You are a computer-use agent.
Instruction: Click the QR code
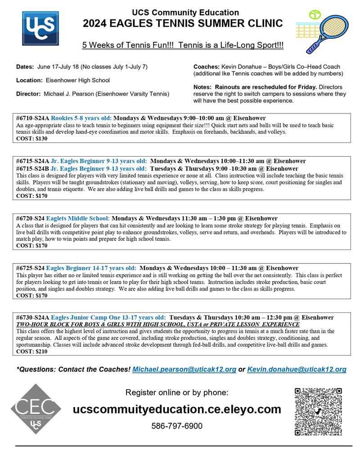(x=318, y=412)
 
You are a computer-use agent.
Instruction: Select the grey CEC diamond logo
(x=36, y=409)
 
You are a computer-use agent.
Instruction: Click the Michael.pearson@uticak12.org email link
(x=184, y=369)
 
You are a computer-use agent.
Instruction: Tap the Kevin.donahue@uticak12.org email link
(x=297, y=369)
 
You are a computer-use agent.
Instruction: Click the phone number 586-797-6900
(x=177, y=426)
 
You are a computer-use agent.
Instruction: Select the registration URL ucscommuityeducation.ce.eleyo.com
(x=177, y=409)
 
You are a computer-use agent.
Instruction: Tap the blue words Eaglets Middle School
(x=77, y=218)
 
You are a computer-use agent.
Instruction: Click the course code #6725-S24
(x=30, y=268)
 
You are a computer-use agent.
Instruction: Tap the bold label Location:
(x=30, y=80)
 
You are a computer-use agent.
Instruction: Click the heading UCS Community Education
(x=185, y=13)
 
